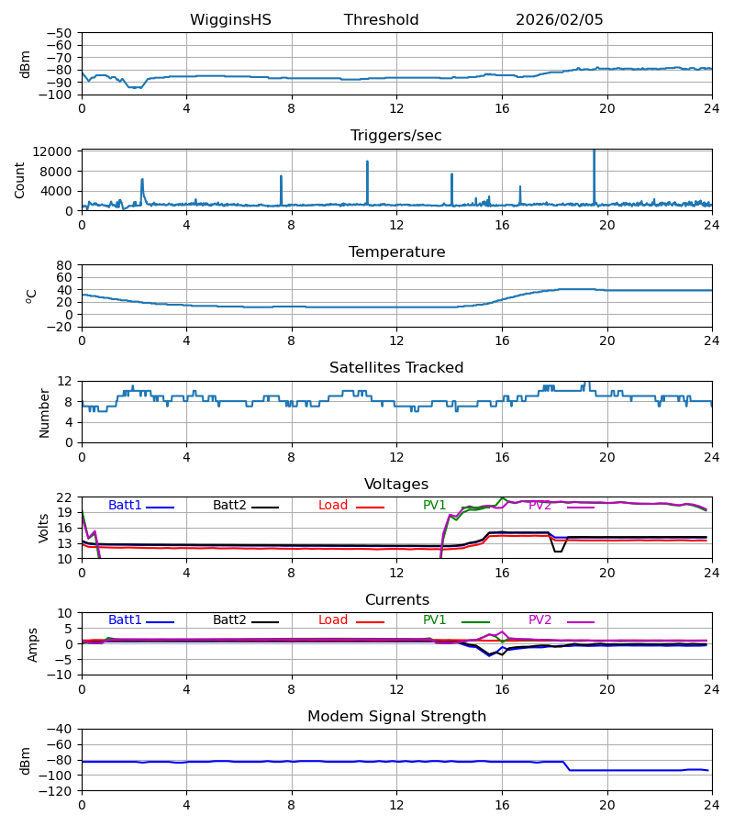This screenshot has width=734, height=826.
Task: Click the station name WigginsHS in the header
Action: pyautogui.click(x=230, y=20)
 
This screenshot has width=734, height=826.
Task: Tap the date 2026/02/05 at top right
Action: pyautogui.click(x=559, y=20)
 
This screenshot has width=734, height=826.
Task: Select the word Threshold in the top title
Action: pyautogui.click(x=381, y=20)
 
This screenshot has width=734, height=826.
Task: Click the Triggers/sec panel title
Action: pyautogui.click(x=396, y=136)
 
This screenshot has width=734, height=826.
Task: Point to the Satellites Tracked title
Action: pyautogui.click(x=396, y=368)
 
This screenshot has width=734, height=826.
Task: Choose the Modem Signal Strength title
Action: pyautogui.click(x=396, y=717)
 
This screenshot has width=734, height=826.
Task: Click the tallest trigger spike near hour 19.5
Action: pyautogui.click(x=594, y=152)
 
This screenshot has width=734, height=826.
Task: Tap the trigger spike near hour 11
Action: pyautogui.click(x=367, y=163)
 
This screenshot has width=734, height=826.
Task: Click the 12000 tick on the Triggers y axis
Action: pyautogui.click(x=60, y=151)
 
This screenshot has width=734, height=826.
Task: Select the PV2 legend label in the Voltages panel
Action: pyautogui.click(x=539, y=506)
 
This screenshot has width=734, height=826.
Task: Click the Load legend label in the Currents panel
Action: pyautogui.click(x=333, y=620)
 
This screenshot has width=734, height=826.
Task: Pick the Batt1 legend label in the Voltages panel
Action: pyautogui.click(x=125, y=506)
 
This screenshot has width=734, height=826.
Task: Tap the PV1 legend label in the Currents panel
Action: pyautogui.click(x=435, y=620)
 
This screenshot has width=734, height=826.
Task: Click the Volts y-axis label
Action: pyautogui.click(x=44, y=527)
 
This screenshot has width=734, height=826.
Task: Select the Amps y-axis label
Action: pyautogui.click(x=34, y=643)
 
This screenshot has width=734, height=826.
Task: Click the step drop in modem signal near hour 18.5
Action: pyautogui.click(x=567, y=766)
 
